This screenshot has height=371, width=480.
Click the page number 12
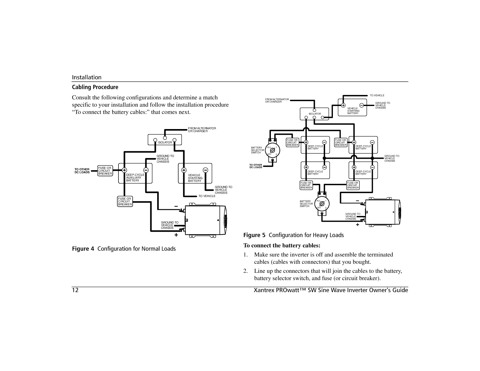(75, 291)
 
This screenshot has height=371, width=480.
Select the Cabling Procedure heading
(95, 87)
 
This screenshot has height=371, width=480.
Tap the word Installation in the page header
(87, 77)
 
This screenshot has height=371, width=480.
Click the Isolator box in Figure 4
(165, 140)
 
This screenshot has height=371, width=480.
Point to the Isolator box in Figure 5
(314, 114)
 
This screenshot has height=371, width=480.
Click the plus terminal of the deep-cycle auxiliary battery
(124, 170)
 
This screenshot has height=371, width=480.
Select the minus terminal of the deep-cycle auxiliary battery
(146, 170)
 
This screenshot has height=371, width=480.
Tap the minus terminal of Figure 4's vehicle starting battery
(205, 170)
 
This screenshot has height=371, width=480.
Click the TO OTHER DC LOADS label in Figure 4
(82, 171)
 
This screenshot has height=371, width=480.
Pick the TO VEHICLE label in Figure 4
(207, 196)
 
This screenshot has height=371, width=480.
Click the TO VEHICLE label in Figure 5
(377, 95)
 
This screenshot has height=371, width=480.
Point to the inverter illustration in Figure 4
(206, 220)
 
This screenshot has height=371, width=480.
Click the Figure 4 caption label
(124, 249)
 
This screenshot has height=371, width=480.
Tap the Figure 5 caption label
(293, 235)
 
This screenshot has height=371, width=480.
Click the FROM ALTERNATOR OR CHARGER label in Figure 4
(202, 130)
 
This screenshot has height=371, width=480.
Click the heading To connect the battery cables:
(282, 245)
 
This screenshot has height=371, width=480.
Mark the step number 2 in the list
(246, 271)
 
